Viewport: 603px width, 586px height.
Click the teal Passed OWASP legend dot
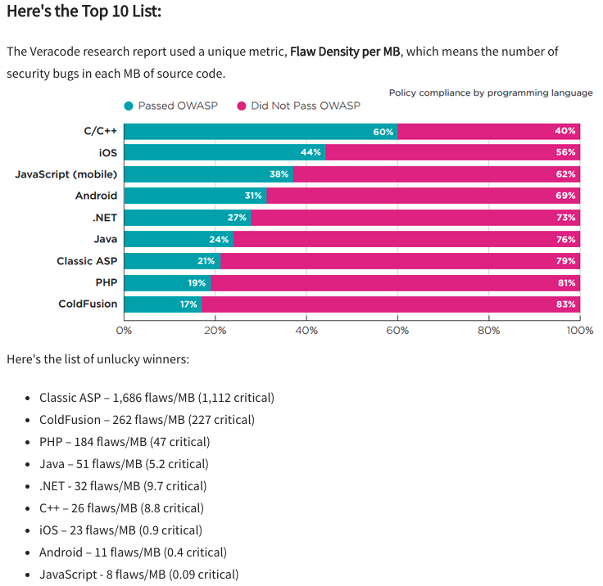129,106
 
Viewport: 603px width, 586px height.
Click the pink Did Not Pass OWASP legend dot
242,106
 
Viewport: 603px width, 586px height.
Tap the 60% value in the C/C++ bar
383,132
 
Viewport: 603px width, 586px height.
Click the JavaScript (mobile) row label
66,174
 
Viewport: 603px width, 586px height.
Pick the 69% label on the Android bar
565,196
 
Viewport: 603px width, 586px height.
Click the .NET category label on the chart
104,218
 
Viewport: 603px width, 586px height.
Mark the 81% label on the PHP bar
565,282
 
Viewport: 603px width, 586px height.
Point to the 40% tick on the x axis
306,331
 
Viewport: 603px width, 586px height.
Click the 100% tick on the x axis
580,331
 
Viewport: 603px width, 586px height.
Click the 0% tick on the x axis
124,331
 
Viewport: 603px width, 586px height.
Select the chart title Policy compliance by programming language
491,92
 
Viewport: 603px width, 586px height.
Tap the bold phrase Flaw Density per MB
345,52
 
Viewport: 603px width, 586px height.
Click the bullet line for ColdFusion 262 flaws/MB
147,419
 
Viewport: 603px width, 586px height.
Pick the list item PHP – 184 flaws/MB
125,441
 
